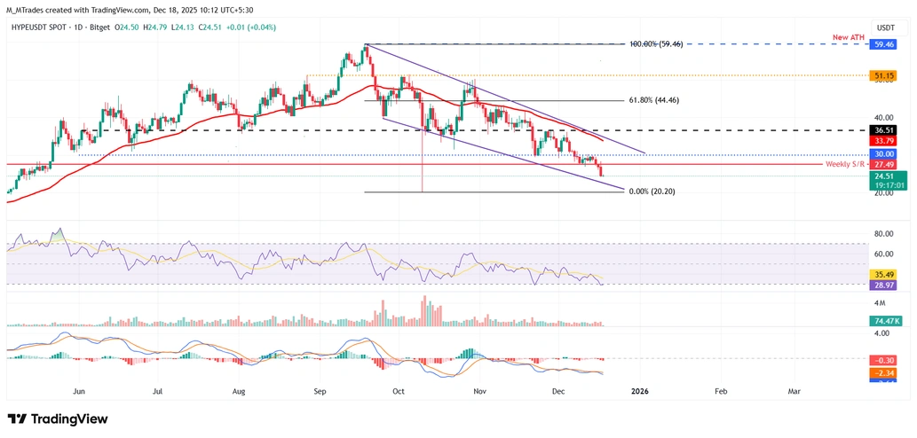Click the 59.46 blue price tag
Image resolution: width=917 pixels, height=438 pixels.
pos(883,43)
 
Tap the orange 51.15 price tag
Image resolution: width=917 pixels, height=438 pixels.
pos(883,76)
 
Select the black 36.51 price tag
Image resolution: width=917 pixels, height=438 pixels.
pos(883,129)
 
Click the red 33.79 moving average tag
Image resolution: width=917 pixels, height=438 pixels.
pos(883,140)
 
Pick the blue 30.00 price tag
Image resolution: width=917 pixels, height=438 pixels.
pos(883,154)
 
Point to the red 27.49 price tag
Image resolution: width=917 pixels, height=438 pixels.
pos(883,165)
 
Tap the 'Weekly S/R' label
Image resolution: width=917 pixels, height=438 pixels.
pos(845,164)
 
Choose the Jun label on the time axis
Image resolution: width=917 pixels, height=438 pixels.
pos(79,390)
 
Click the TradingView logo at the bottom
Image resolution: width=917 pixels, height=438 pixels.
pos(58,418)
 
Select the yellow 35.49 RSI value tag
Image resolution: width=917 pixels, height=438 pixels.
pos(883,275)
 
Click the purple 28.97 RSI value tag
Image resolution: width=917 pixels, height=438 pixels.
pos(883,285)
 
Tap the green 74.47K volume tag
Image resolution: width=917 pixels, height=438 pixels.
pos(883,320)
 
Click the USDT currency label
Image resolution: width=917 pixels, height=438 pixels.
pos(883,27)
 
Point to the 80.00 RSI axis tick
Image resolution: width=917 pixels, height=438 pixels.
pos(882,234)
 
